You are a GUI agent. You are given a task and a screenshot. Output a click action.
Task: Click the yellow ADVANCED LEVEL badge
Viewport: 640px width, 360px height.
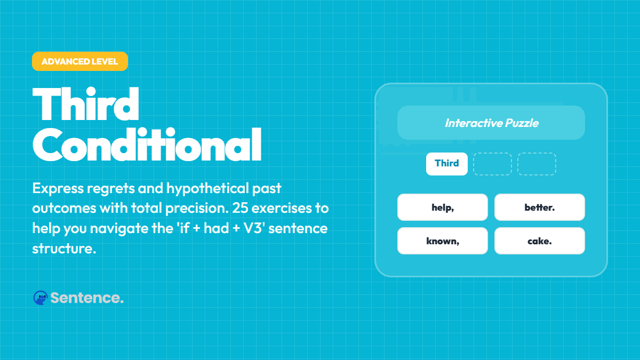pos(80,61)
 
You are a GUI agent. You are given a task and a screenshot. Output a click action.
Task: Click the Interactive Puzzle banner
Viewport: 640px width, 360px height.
pos(491,123)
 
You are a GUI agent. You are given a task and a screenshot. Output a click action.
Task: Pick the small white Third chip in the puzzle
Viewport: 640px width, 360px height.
pos(447,164)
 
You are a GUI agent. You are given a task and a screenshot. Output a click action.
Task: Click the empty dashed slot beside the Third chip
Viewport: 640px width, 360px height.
pos(492,164)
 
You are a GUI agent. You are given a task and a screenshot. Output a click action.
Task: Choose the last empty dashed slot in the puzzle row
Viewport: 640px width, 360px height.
pos(537,164)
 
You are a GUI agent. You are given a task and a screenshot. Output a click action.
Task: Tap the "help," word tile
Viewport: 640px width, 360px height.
pos(443,207)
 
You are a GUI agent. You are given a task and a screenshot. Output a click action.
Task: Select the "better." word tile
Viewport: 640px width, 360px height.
pos(539,207)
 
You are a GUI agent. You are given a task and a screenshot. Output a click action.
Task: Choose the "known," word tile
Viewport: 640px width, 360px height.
pos(443,241)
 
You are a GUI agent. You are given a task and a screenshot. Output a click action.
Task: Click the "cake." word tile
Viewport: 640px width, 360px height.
pos(539,241)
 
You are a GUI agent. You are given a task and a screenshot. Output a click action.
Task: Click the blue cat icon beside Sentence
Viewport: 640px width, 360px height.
pos(40,298)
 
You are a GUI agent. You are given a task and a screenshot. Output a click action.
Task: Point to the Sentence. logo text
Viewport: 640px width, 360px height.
pos(87,298)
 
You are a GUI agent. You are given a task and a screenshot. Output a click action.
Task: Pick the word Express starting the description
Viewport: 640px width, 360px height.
pos(52,188)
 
